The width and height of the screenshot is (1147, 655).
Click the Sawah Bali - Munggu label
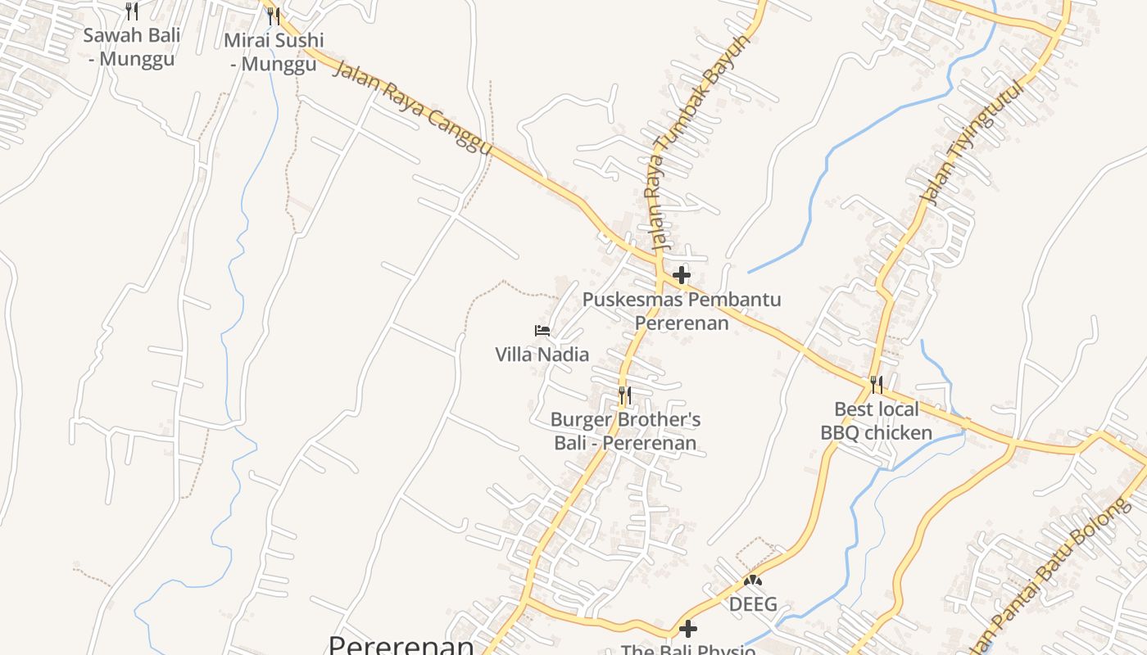pos(131,47)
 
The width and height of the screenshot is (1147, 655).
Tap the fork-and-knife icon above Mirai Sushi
pos(274,16)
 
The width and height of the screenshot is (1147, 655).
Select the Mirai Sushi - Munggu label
pos(274,52)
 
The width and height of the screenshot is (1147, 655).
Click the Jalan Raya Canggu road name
pos(414,106)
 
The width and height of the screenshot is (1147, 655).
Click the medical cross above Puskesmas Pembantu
pos(681,275)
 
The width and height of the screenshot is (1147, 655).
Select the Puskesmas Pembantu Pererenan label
pos(682,311)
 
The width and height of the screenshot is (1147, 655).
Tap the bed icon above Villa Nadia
pos(542,331)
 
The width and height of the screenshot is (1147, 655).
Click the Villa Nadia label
pos(542,355)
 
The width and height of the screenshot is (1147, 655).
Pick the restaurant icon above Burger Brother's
pos(624,396)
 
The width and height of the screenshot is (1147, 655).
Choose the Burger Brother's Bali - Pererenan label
pos(625,431)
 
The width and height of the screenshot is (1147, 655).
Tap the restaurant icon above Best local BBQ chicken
pos(876,385)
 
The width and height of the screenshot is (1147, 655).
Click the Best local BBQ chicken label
pos(877,421)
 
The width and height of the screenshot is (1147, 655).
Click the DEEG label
pos(753,605)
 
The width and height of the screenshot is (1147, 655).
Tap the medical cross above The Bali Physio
pos(688,629)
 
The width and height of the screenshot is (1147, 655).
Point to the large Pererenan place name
pos(401,644)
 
